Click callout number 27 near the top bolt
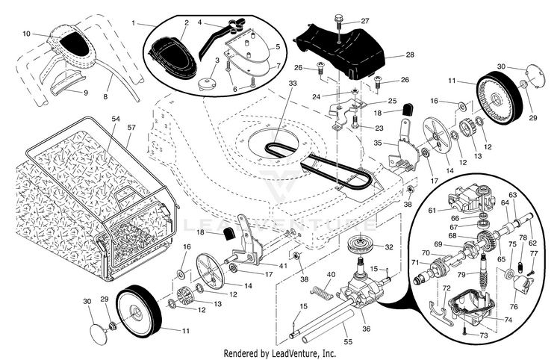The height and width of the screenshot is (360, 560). (365, 20)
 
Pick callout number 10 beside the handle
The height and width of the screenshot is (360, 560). (26, 34)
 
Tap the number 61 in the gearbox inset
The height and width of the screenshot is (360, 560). (432, 211)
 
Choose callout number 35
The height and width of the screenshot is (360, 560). (378, 142)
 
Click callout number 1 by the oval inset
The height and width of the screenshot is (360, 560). (134, 23)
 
